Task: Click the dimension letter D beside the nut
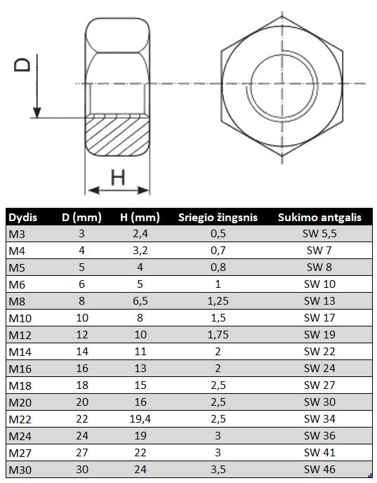22,65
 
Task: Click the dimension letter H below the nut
118,177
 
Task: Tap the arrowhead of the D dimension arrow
37,112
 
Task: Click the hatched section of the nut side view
117,135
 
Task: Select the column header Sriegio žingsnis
218,218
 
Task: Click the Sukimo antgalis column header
319,218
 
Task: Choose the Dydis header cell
22,218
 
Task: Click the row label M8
17,301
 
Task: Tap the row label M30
20,470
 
